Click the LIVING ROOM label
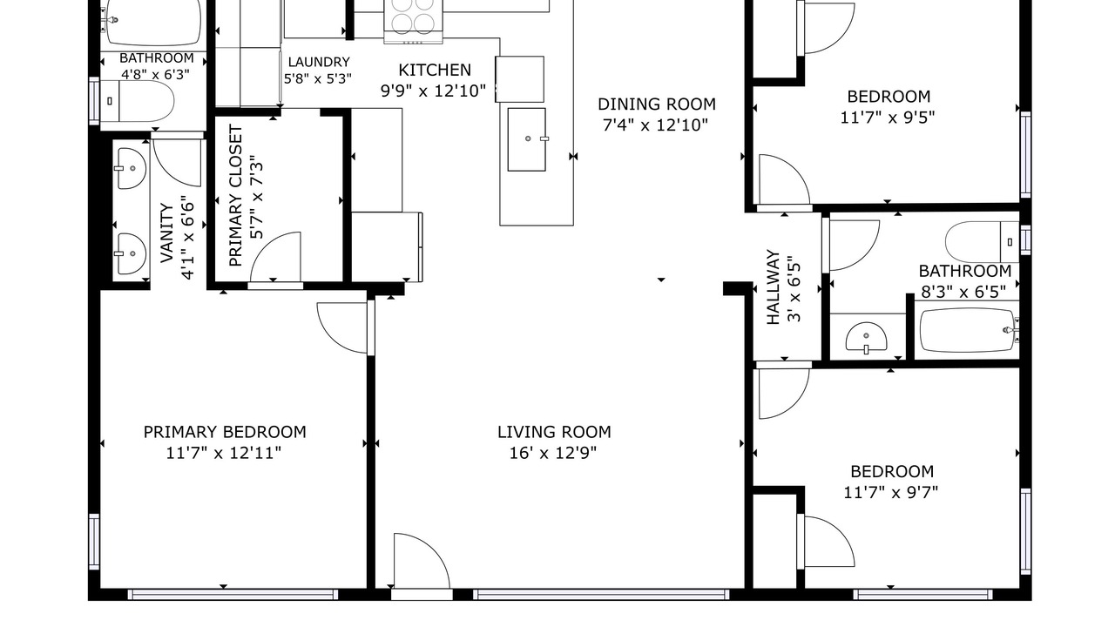coord(554,432)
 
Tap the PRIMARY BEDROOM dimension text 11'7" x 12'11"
coord(224,454)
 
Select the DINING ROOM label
coord(657,104)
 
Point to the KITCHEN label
coord(435,71)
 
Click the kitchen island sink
coord(527,140)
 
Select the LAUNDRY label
coord(319,62)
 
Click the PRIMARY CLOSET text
coord(235,196)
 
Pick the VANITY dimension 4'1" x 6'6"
coord(187,237)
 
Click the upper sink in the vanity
coord(132,168)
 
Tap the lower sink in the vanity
coord(132,253)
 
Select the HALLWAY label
coord(773,287)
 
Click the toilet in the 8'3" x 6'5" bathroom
coord(982,242)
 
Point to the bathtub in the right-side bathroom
coord(968,330)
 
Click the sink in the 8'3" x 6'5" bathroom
coord(866,338)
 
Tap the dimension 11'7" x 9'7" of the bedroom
coord(890,493)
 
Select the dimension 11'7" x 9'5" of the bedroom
coord(888,118)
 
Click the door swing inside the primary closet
coord(275,257)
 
